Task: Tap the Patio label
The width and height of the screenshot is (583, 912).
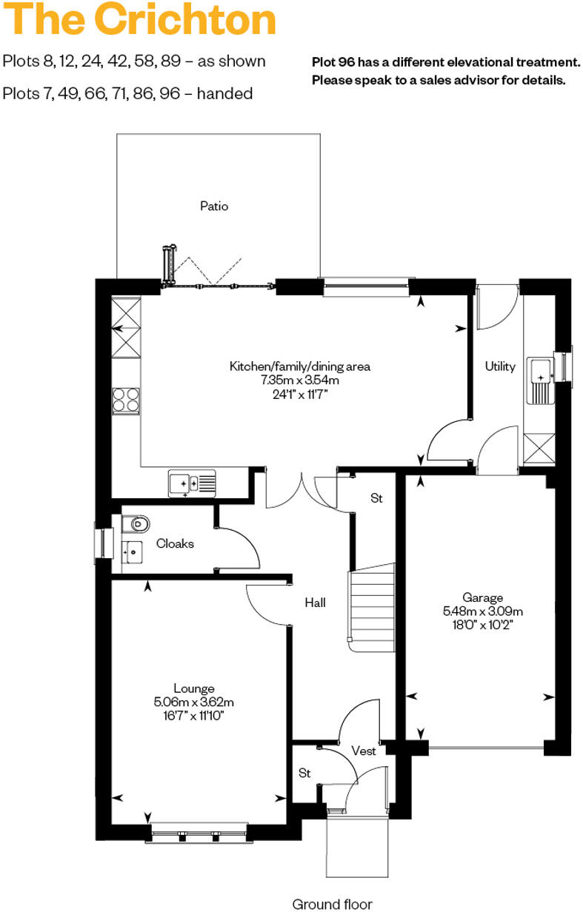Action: click(x=214, y=206)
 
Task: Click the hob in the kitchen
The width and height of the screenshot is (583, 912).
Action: click(x=126, y=400)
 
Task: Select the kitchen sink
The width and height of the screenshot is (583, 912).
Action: click(x=192, y=483)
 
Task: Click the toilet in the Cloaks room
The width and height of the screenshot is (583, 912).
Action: click(x=136, y=524)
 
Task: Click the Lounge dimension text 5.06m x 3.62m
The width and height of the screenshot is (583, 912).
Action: click(x=194, y=702)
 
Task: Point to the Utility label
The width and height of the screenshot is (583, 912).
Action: click(x=500, y=366)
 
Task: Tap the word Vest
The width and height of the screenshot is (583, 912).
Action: click(x=364, y=751)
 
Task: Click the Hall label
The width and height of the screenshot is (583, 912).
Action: click(x=315, y=603)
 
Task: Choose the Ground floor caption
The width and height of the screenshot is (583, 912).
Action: click(x=332, y=903)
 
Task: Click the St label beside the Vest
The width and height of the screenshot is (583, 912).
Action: click(x=304, y=774)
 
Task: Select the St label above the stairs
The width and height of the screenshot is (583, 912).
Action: click(x=376, y=499)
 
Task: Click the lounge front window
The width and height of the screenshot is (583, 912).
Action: click(x=198, y=833)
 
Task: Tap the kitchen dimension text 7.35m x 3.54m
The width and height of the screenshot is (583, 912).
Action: click(x=299, y=380)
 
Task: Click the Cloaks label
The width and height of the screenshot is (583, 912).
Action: click(x=175, y=543)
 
